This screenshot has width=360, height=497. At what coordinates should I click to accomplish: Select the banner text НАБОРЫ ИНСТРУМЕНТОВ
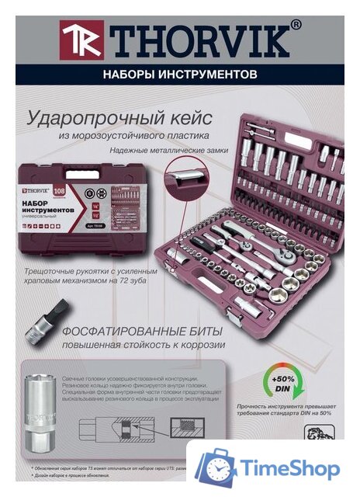(179, 75)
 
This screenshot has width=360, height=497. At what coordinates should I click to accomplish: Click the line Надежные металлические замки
(169, 150)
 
